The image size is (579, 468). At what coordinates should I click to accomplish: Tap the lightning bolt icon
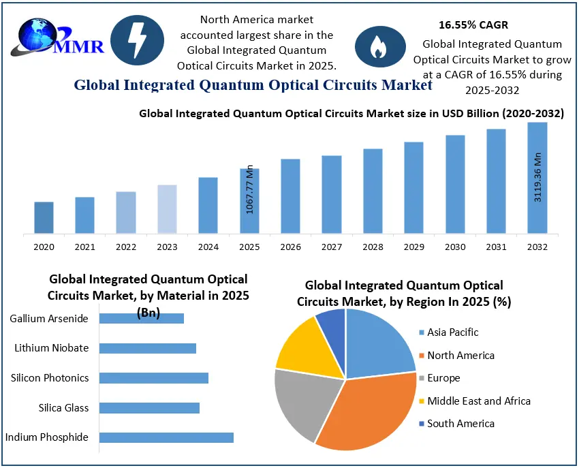pos(137,41)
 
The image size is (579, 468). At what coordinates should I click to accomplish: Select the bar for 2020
pos(44,217)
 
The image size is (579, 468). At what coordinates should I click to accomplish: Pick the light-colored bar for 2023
pos(167,209)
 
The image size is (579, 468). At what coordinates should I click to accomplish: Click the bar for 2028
pos(373,191)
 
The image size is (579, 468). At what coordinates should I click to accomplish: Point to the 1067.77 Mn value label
pos(249,190)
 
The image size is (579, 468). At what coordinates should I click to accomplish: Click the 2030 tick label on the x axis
pos(455,247)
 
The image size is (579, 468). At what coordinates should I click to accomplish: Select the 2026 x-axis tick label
pos(290,247)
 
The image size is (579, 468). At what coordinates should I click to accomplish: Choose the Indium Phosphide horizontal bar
pos(166,437)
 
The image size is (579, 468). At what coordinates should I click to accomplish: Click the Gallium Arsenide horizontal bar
pos(142,318)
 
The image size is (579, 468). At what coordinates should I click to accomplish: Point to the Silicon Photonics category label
pos(50,378)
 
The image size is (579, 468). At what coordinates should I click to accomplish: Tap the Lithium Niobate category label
pos(52,348)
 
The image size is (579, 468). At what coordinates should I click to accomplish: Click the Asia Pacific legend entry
pos(452,332)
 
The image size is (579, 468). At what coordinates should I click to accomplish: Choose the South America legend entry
pos(460,424)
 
